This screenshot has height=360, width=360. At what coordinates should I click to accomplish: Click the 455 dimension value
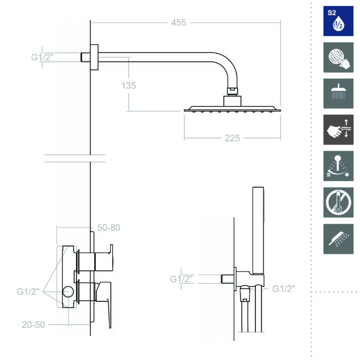178,23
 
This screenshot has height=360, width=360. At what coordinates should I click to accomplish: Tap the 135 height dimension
128,85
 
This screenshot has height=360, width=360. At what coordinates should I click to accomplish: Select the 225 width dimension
233,138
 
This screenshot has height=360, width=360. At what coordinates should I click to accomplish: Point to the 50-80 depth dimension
109,228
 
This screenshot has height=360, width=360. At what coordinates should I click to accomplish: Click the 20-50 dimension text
33,325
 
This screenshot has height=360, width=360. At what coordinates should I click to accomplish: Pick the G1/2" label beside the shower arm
42,57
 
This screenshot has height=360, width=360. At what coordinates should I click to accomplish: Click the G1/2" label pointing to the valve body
28,291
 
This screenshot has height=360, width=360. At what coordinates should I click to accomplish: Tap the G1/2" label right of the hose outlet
284,289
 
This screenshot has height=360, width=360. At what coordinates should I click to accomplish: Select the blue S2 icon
338,21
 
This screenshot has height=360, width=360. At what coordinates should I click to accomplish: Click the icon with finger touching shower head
338,58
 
